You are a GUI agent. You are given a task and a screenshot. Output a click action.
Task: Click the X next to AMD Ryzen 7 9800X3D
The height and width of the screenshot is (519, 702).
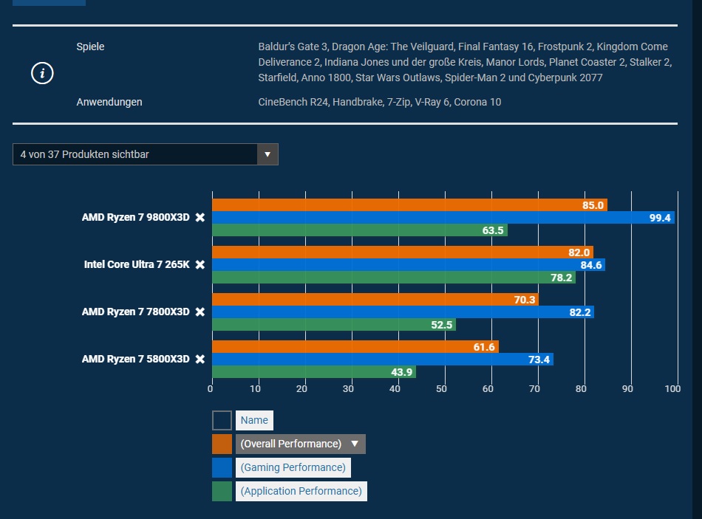[200, 218]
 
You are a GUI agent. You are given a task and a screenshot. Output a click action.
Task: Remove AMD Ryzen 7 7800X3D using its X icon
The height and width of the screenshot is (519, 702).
[200, 312]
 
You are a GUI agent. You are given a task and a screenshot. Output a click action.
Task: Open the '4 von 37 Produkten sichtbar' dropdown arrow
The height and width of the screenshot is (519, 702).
[267, 154]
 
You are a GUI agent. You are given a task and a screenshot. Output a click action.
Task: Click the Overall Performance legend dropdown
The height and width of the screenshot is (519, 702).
[300, 444]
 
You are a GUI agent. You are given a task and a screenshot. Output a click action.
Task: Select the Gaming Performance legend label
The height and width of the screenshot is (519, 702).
[293, 467]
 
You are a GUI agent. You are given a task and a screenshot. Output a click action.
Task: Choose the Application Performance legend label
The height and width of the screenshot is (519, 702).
[301, 491]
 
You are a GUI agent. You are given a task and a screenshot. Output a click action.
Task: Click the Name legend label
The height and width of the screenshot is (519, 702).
[254, 420]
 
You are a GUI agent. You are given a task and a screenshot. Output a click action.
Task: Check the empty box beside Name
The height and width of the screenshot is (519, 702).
[222, 420]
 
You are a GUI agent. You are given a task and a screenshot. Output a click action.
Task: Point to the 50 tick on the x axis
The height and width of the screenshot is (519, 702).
[442, 388]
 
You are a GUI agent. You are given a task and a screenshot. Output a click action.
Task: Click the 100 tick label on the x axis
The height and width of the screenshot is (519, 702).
[672, 388]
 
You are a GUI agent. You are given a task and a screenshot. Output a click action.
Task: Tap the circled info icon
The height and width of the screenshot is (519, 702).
[42, 73]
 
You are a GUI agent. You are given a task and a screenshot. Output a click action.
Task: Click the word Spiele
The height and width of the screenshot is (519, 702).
[90, 47]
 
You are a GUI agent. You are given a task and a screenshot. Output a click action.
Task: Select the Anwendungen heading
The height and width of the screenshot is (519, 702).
[109, 102]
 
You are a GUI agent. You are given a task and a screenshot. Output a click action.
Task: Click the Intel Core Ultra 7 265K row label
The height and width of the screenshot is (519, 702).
[137, 264]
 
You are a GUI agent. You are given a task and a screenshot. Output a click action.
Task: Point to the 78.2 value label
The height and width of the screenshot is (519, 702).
[559, 278]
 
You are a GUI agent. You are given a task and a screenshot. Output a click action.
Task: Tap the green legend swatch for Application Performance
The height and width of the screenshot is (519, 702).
[222, 491]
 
